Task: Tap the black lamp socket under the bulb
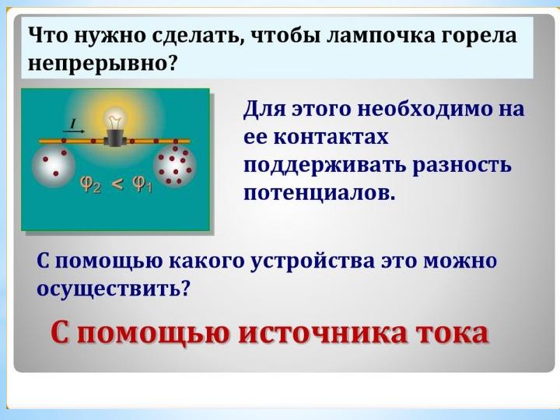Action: pos(114,138)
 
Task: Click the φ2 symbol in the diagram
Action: pos(91,184)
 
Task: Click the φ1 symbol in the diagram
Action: pos(142,184)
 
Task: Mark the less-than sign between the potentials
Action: pos(117,184)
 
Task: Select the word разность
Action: pos(462,166)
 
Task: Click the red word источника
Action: pos(322,333)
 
